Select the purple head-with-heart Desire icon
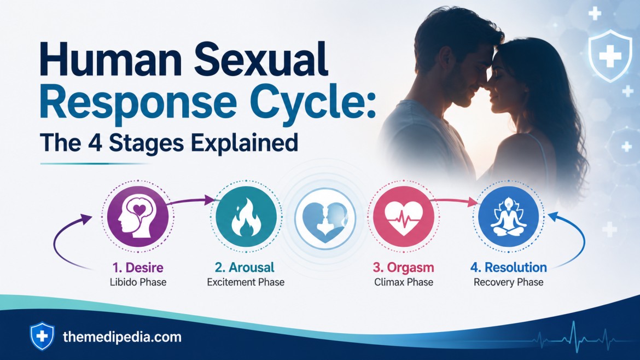click(138, 216)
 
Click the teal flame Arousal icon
click(246, 216)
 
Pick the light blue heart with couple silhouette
click(325, 218)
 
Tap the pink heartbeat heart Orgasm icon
click(403, 216)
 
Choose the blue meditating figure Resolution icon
click(508, 216)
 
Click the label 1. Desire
click(138, 268)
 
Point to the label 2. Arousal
click(245, 268)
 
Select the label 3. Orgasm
click(403, 268)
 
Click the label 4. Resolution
click(509, 268)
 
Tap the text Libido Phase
click(138, 282)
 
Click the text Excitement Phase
click(246, 282)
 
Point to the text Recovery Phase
click(509, 282)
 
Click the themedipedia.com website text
click(122, 337)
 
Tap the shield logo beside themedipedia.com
click(42, 336)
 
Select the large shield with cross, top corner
click(610, 56)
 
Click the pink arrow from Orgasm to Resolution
click(454, 200)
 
